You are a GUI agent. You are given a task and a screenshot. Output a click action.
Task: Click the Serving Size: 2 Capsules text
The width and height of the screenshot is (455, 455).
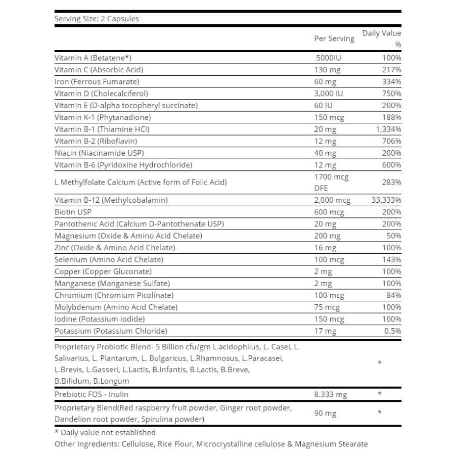point(96,19)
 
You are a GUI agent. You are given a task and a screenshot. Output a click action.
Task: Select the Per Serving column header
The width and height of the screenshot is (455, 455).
point(334,38)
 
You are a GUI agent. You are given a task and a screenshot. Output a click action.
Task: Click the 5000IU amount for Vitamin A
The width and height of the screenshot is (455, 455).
point(329,58)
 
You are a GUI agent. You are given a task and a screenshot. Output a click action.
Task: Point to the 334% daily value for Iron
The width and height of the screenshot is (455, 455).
point(392,81)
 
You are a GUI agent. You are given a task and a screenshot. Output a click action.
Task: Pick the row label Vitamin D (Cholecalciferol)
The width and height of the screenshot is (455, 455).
point(101,94)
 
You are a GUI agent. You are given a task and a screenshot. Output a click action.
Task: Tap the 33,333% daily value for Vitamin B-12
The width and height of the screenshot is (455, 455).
point(386,200)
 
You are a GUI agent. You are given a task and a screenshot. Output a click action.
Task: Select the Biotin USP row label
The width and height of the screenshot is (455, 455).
point(73,212)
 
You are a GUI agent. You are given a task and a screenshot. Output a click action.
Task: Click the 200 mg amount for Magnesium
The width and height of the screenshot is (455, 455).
point(327,236)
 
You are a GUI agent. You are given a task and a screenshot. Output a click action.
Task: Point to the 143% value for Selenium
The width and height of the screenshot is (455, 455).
point(392,259)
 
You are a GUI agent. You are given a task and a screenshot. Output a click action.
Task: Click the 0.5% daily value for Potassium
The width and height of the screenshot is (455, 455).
point(392,331)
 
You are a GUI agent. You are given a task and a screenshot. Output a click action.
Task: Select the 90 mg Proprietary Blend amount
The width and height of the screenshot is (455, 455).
point(325,414)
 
